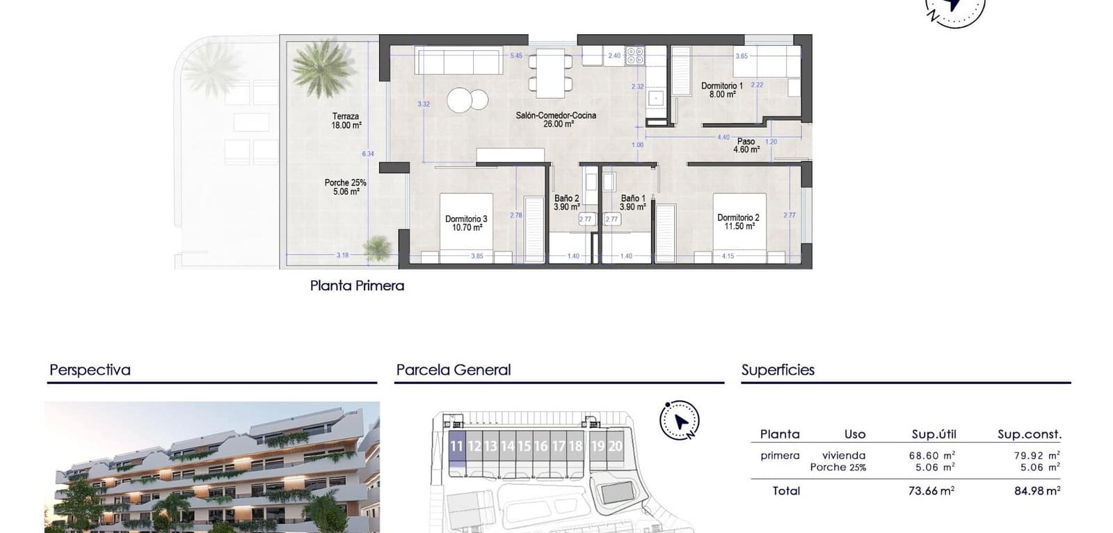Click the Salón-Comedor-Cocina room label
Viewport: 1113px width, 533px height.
[556, 120]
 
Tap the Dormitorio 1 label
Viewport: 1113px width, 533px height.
[722, 90]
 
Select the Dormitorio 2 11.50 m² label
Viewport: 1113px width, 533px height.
[738, 222]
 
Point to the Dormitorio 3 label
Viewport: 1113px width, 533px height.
[466, 223]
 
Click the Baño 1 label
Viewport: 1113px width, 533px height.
[633, 202]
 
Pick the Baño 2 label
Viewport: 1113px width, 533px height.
[566, 202]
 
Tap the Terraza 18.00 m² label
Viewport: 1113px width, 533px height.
[346, 121]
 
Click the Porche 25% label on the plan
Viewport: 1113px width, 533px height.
[345, 186]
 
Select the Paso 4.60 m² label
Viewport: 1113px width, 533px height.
[746, 145]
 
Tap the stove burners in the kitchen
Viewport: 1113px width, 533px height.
[634, 56]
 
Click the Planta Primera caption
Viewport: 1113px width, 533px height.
[357, 285]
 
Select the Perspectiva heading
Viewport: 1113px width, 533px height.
[90, 370]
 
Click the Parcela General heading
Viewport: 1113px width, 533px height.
[453, 370]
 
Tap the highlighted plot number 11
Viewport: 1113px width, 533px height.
[456, 446]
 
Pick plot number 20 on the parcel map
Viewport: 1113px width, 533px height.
[615, 446]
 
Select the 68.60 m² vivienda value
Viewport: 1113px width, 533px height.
[932, 455]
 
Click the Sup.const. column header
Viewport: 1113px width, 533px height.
[1029, 434]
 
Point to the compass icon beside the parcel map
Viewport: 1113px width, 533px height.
[680, 420]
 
